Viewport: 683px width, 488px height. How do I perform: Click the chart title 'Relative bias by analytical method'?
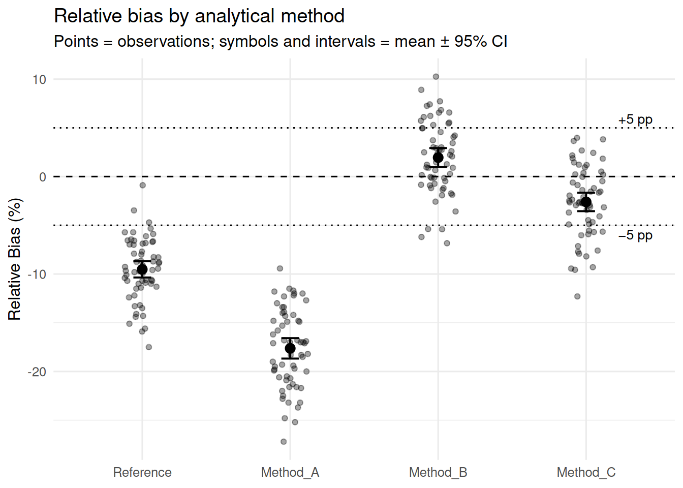(199, 16)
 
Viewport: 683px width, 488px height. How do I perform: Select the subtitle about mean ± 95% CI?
(281, 41)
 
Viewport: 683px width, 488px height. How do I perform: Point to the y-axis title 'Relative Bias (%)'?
(14, 259)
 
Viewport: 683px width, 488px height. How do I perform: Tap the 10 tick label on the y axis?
(39, 80)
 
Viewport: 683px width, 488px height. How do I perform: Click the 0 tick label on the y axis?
(43, 177)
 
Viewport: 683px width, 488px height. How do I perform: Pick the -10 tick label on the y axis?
(37, 274)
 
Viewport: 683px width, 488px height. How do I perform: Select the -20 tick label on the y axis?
(37, 372)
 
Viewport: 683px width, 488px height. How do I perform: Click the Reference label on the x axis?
(142, 472)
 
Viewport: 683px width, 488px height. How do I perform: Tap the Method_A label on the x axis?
(290, 473)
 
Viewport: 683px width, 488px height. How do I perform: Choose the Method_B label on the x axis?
(438, 473)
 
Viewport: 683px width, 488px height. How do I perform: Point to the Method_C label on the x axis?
(586, 473)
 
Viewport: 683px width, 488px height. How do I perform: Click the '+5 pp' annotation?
(635, 120)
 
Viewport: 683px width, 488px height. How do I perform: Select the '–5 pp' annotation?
(635, 235)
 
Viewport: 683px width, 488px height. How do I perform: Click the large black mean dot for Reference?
(142, 269)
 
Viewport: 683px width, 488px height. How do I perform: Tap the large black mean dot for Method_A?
(290, 348)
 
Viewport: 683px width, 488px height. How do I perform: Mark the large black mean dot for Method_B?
(438, 158)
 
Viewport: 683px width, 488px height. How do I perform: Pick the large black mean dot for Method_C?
(586, 202)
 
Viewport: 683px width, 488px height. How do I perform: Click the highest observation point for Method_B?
(436, 77)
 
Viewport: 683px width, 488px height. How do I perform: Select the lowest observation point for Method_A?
(284, 441)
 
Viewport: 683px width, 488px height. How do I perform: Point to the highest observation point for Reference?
(142, 185)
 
